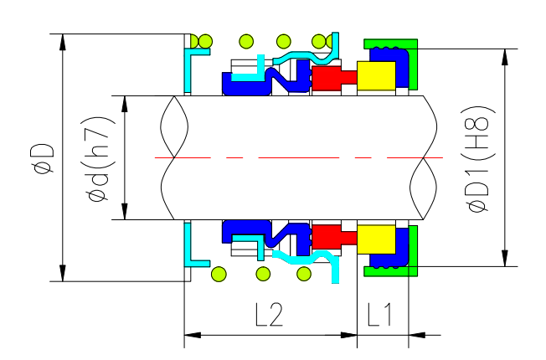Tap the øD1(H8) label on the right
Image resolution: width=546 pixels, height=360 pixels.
pos(480,159)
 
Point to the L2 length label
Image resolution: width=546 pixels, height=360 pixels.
pos(269,314)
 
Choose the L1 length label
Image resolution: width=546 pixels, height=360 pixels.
pos(381,314)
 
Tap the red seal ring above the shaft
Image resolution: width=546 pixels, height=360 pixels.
pos(327,80)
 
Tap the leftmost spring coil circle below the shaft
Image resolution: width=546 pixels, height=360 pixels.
pos(219,273)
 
